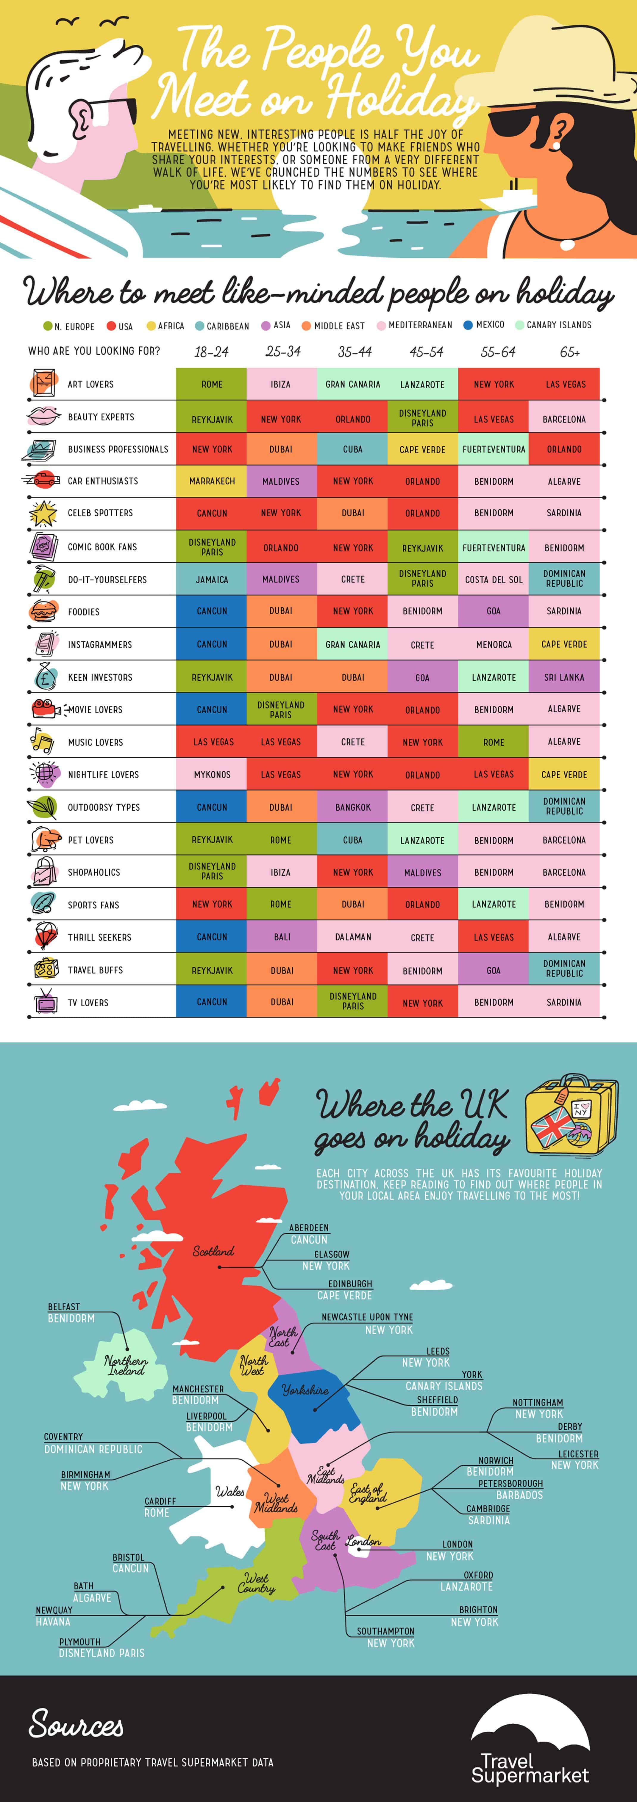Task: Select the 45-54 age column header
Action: (x=426, y=352)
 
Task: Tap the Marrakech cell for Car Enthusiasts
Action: (x=211, y=481)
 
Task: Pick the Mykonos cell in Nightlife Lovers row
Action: (x=211, y=774)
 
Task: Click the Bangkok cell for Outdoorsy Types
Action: (x=353, y=807)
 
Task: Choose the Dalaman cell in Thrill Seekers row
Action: (x=353, y=937)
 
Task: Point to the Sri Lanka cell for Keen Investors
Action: (x=564, y=677)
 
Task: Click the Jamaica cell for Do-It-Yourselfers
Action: (x=211, y=579)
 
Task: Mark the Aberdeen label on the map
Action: (x=309, y=1228)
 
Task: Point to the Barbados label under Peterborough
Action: (x=519, y=1495)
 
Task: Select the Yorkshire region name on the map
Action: (x=305, y=1390)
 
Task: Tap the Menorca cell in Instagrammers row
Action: (x=494, y=644)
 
